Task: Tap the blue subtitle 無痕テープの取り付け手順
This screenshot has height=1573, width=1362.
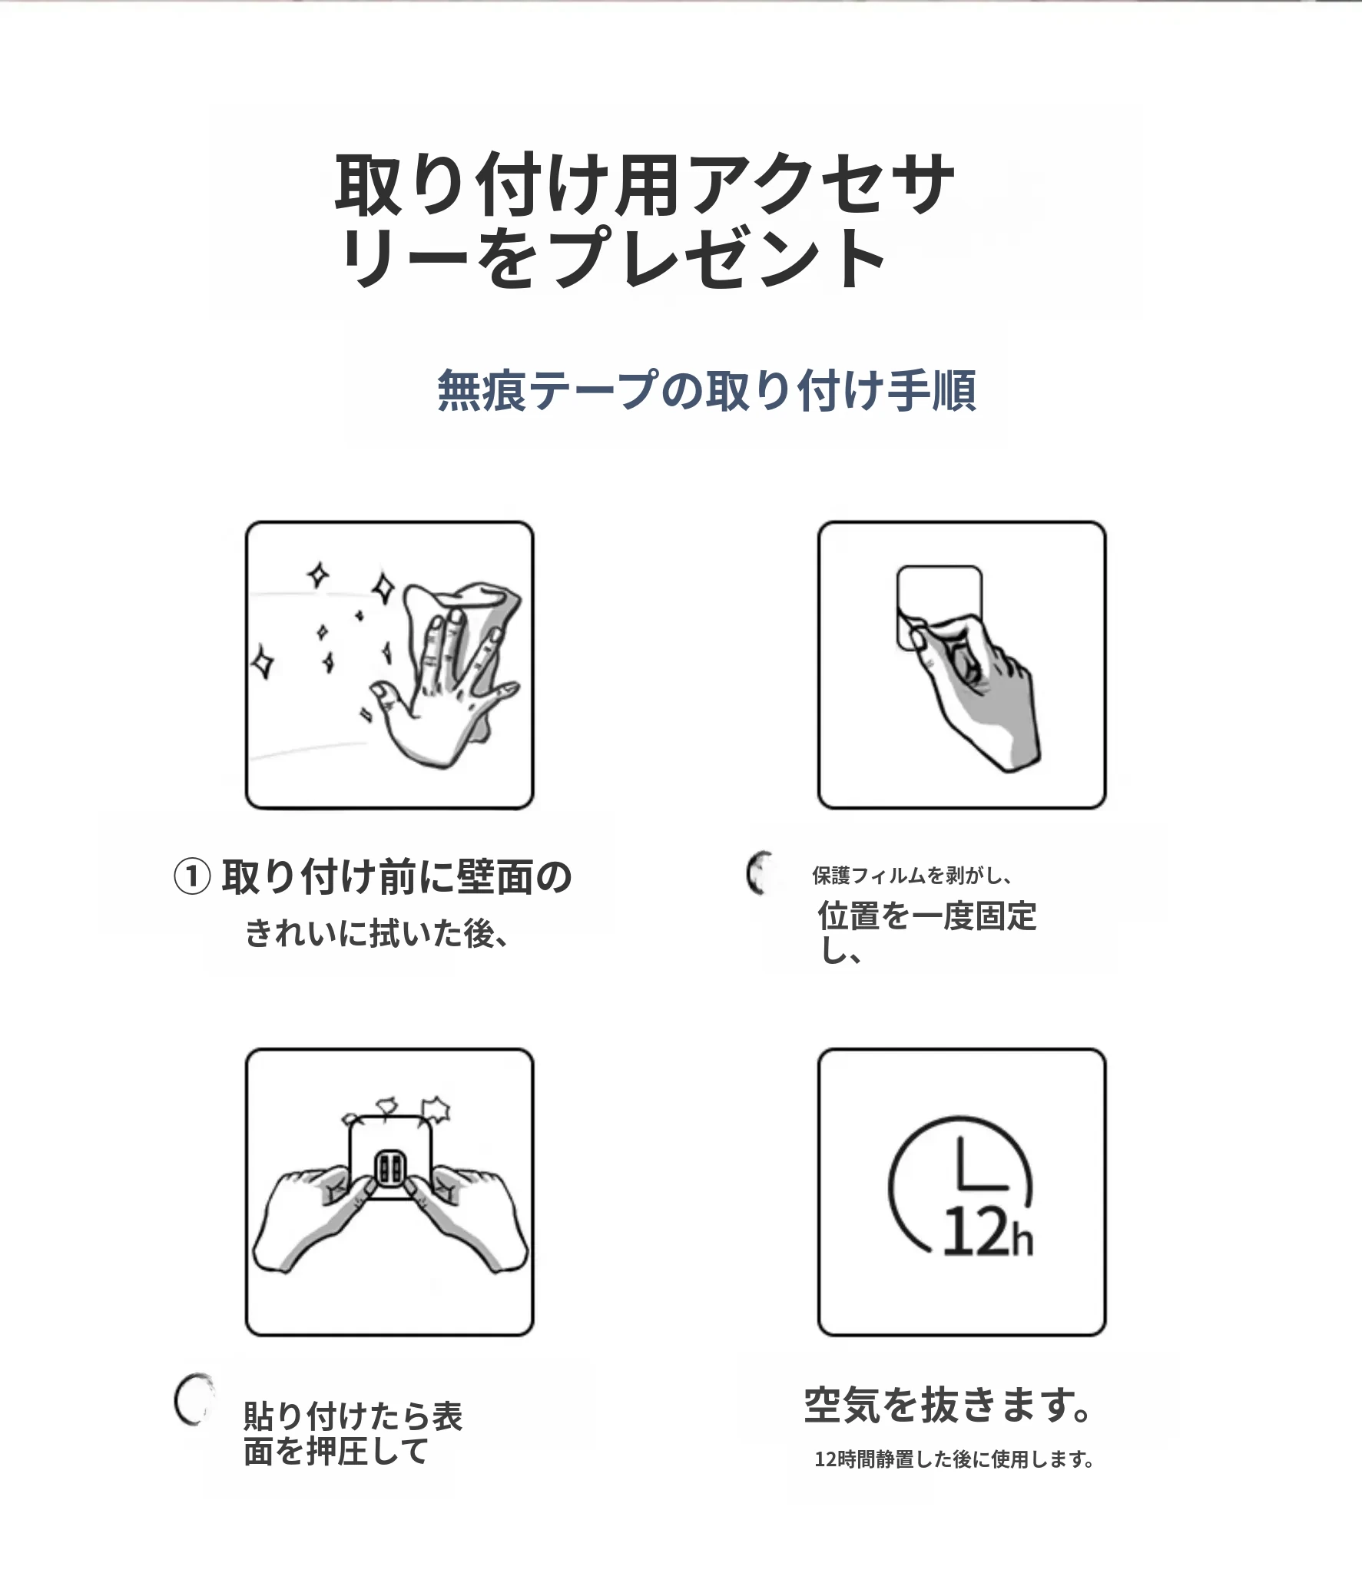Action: point(707,391)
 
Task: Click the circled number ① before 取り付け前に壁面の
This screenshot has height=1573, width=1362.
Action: point(192,877)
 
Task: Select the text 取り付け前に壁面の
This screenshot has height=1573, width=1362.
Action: point(396,876)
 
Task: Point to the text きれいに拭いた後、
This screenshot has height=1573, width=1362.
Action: point(376,934)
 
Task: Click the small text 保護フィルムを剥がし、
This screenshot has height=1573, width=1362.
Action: point(913,876)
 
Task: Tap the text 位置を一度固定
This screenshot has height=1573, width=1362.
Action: point(927,916)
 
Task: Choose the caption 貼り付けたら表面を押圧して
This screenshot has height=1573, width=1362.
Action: point(353,1434)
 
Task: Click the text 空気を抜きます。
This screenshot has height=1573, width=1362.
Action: point(947,1406)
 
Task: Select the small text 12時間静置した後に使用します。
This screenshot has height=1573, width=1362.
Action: point(954,1459)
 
